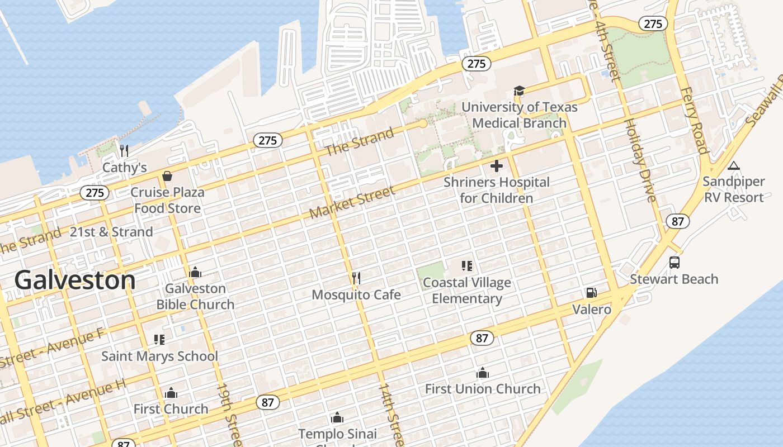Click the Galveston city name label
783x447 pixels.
pos(75,280)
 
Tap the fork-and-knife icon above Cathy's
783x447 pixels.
pos(124,150)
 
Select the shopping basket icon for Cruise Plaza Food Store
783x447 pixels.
pos(167,176)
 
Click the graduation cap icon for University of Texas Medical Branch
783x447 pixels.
pos(519,91)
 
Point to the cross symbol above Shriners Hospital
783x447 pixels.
pos(496,166)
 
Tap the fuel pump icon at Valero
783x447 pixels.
pos(591,293)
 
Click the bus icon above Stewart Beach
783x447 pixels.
pos(674,263)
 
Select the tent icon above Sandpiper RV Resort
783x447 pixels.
pos(733,165)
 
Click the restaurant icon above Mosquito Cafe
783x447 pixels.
pos(356,278)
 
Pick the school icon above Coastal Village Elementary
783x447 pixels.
pos(467,266)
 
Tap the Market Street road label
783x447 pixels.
pos(352,202)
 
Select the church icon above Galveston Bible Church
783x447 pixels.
pos(195,272)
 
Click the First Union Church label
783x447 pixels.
pos(483,389)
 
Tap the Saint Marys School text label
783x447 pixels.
pos(159,356)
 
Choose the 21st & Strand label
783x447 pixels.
pos(111,232)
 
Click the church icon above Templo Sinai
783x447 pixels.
pos(337,417)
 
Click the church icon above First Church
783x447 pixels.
pos(171,393)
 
